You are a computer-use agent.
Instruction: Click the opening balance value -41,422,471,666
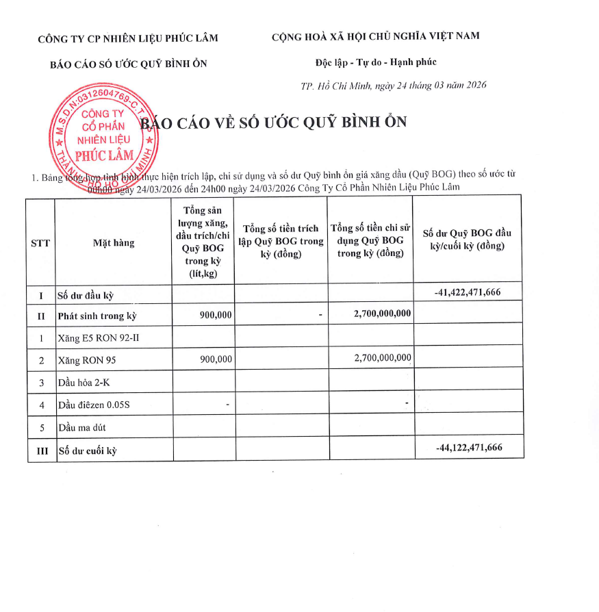click(x=468, y=292)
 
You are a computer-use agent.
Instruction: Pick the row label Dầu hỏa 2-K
click(x=84, y=382)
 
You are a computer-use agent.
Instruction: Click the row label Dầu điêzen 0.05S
click(x=94, y=405)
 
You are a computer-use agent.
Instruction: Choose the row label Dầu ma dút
click(x=81, y=427)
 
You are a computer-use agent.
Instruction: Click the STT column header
click(x=40, y=242)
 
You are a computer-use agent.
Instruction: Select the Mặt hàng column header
click(x=114, y=242)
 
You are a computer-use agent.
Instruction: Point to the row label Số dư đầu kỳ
click(x=85, y=296)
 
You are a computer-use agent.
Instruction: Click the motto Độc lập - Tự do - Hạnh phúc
click(x=376, y=62)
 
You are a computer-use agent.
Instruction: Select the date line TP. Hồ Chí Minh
click(x=394, y=86)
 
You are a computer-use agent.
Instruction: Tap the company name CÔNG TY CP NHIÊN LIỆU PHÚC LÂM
click(x=128, y=38)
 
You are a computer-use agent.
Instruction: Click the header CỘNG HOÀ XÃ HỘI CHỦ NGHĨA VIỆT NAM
click(x=375, y=36)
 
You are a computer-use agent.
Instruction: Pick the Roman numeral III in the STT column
click(x=40, y=450)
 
